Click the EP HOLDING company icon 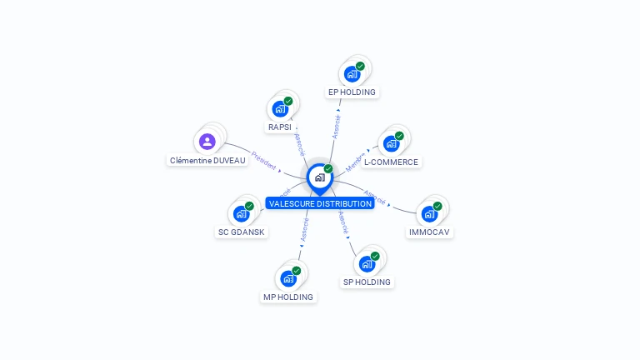tap(352, 73)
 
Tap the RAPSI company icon tap(280, 108)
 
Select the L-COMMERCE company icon tap(391, 143)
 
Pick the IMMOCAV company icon tap(429, 213)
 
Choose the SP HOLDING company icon tap(367, 263)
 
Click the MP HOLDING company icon tap(288, 278)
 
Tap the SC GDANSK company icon tap(242, 213)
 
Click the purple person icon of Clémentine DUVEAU tap(207, 141)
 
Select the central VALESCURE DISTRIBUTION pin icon tap(319, 177)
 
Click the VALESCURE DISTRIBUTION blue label tap(320, 203)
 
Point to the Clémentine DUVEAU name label tap(208, 160)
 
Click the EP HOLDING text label tap(352, 92)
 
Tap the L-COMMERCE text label tap(391, 162)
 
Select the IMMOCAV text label tap(431, 232)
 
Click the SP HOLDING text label tap(367, 282)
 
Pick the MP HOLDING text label tap(288, 297)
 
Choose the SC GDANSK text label tap(242, 232)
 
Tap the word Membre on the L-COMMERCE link tap(356, 162)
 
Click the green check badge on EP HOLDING tap(360, 66)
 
